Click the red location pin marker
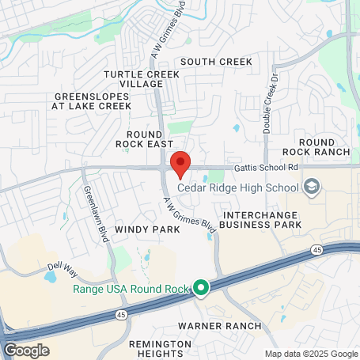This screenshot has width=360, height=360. (x=180, y=163)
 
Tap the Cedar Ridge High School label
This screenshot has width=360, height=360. (x=238, y=188)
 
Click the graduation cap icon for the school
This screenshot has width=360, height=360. (x=312, y=187)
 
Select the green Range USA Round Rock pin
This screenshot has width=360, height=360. (x=201, y=289)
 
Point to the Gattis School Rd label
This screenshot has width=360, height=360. (x=265, y=167)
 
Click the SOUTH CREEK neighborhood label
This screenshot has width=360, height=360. (x=216, y=62)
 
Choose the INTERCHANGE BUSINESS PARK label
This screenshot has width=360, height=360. (x=262, y=220)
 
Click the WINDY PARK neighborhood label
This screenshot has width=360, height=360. (x=147, y=229)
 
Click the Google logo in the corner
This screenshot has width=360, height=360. (x=25, y=350)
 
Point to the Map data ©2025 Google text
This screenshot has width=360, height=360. (x=311, y=354)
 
